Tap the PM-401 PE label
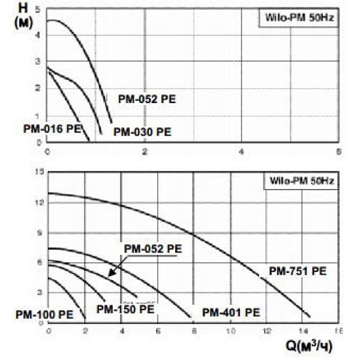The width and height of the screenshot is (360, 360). click(231, 313)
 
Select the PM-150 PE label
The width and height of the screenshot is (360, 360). click(125, 310)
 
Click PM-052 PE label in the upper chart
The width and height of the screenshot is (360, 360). click(148, 100)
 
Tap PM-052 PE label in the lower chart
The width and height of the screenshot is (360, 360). click(152, 248)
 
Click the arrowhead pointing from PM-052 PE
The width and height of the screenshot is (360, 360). click(110, 275)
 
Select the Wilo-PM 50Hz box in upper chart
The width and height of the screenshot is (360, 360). click(298, 18)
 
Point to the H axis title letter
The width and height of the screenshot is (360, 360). click(23, 8)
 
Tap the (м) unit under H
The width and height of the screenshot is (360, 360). click(23, 22)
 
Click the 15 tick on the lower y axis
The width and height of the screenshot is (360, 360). click(40, 173)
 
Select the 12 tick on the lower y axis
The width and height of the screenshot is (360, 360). click(40, 203)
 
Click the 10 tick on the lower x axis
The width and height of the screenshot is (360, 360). click(230, 331)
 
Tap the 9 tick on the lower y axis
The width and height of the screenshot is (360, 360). click(41, 233)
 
